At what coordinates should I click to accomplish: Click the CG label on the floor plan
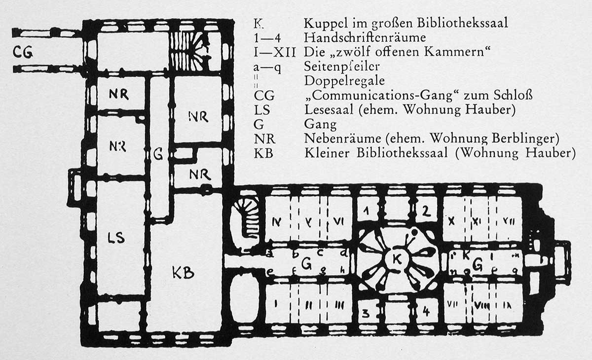click(23, 52)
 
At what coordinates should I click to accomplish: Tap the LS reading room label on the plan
click(116, 238)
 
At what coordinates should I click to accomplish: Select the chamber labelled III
click(339, 305)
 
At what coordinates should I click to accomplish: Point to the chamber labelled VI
click(338, 222)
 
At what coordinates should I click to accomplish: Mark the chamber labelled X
click(450, 222)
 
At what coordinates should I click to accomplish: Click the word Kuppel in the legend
click(325, 23)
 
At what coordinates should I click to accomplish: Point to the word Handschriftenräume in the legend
click(365, 37)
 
